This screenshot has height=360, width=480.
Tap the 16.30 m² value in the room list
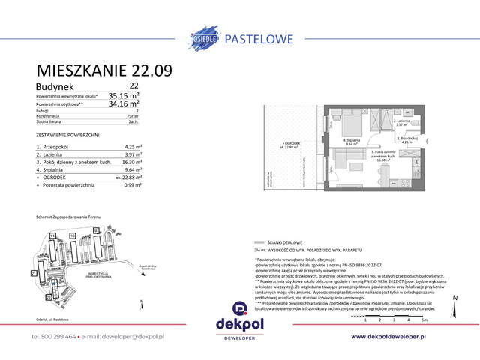click(130, 161)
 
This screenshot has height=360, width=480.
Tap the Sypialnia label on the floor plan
click(352, 141)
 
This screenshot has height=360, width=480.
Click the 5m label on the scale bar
click(423, 319)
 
